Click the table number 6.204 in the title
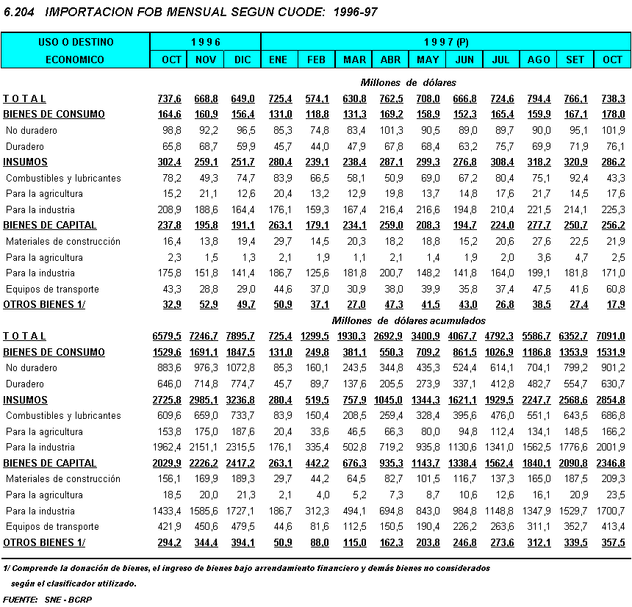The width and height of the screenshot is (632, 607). pos(18,13)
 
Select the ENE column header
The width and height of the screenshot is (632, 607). pos(279,60)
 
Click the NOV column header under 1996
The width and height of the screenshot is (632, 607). pos(206,60)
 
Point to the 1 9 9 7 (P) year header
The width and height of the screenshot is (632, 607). pos(446,43)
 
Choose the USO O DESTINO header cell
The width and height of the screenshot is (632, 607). pos(76,43)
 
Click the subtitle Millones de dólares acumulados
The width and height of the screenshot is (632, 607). pos(409,320)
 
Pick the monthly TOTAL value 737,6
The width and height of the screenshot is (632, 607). pos(169,98)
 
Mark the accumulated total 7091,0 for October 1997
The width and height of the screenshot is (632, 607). pos(611,336)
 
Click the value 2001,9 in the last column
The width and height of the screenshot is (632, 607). pos(611,447)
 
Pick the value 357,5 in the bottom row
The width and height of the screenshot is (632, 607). pos(612,542)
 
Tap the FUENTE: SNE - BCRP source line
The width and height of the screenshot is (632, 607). pos(48,599)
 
